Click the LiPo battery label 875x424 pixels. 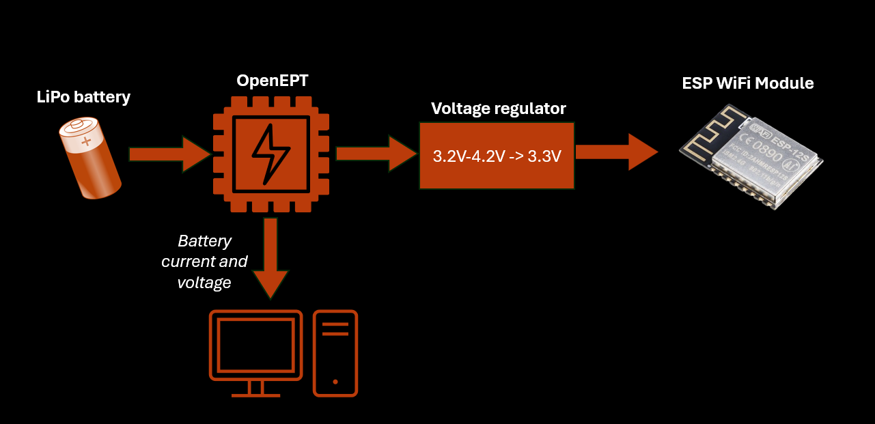coord(83,97)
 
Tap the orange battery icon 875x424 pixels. coord(90,158)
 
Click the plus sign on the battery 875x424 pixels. coord(86,142)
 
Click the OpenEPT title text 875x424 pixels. coord(272,81)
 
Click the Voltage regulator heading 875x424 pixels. coord(499,109)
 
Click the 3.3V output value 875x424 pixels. coord(544,156)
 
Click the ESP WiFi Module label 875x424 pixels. coord(748,83)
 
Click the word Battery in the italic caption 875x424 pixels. coord(205,241)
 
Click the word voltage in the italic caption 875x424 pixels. coord(204,282)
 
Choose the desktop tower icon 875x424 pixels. coord(335,353)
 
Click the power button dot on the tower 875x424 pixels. coord(335,382)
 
